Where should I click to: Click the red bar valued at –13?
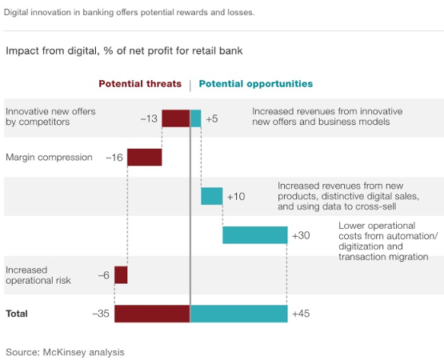point(176,118)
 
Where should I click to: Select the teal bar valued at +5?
point(196,118)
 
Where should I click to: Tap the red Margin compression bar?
point(145,157)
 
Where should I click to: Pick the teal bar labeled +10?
point(212,196)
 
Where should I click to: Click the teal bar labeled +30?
point(255,235)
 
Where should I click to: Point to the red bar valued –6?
point(121,274)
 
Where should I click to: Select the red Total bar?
point(152,314)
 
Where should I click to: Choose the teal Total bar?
point(239,314)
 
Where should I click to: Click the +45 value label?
point(301,314)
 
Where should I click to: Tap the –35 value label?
point(101,314)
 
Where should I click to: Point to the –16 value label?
point(114,157)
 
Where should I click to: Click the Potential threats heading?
point(140,84)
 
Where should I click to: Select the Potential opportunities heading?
point(256,84)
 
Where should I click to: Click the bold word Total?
point(17,314)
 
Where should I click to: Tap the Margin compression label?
point(49,157)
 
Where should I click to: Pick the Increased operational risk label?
point(38,275)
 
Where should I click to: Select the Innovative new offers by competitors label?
point(50,117)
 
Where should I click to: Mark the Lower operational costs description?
point(388,241)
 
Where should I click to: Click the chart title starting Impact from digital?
point(124,51)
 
